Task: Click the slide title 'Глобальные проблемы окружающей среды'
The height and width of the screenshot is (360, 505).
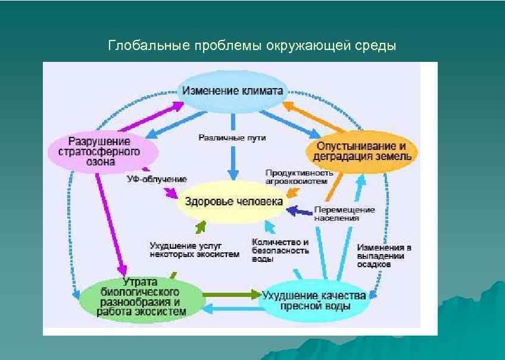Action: tap(252, 46)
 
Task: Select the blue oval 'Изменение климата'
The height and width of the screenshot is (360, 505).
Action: tap(234, 91)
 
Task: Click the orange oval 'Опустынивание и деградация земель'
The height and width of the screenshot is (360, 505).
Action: tap(361, 151)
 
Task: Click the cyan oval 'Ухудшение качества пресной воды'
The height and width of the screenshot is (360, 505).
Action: tap(314, 300)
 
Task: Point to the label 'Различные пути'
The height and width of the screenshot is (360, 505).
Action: tap(232, 138)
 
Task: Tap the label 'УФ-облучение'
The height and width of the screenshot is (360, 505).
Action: tap(157, 179)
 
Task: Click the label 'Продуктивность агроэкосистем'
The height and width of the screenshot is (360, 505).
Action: tap(299, 176)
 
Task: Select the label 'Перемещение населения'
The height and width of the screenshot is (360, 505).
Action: tap(344, 214)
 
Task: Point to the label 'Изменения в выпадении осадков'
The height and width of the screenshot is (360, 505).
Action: tap(384, 255)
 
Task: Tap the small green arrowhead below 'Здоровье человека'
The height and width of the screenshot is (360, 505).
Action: tap(201, 226)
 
